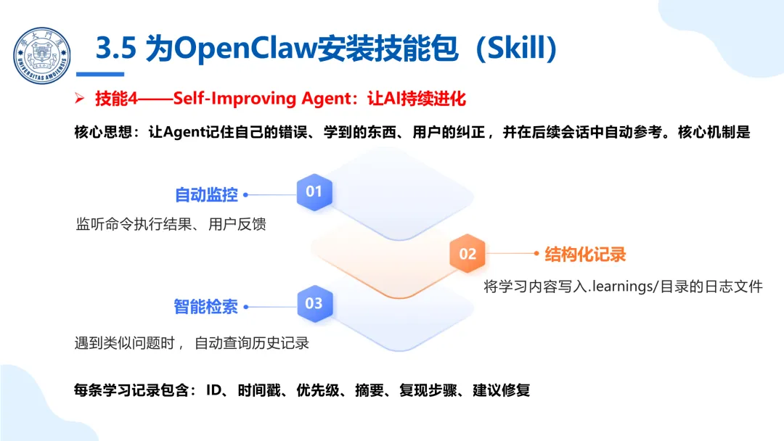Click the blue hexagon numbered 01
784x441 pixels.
pos(314,191)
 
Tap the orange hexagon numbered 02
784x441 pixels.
pos(467,253)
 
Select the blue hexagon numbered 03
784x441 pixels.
pos(314,303)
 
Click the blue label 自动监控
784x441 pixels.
pos(206,194)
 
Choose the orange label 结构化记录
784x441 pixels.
pos(585,254)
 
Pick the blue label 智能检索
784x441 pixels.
pos(205,306)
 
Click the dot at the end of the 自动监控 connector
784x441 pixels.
pos(245,194)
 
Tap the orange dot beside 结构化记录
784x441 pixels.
pos(538,253)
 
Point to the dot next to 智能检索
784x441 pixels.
pos(245,306)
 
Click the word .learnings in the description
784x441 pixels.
pos(619,287)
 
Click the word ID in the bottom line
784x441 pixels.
pos(213,390)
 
